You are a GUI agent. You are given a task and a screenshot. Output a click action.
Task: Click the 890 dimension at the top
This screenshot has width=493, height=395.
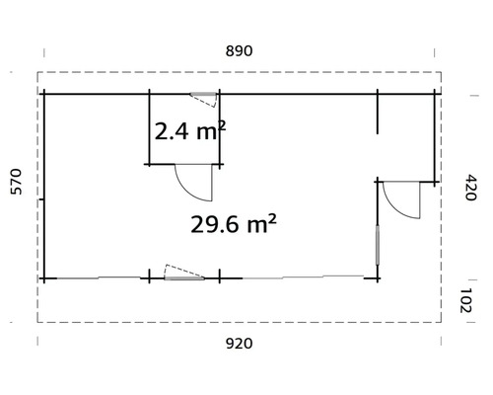point(241,51)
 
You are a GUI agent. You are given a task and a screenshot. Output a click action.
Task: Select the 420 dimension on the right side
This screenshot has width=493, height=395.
point(470,186)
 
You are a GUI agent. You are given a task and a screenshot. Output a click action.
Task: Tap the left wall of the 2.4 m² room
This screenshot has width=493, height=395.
point(149,129)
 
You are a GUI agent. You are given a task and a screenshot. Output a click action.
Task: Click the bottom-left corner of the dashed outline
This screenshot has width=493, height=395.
point(38,322)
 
